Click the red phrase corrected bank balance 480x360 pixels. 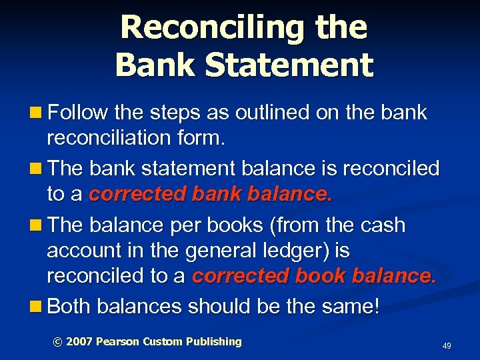210,194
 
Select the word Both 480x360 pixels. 70,306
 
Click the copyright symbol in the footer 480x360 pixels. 57,342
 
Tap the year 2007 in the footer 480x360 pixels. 79,342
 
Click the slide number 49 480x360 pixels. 447,346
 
